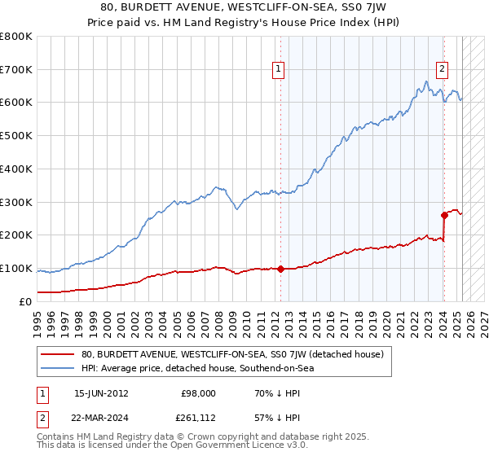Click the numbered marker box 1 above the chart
[x=279, y=70]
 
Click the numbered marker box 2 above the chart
[x=442, y=70]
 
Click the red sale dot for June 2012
[x=280, y=269]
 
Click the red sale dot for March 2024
[x=444, y=215]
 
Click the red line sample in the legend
[x=57, y=354]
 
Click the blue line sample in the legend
[x=57, y=368]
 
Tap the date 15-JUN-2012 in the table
[x=100, y=393]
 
